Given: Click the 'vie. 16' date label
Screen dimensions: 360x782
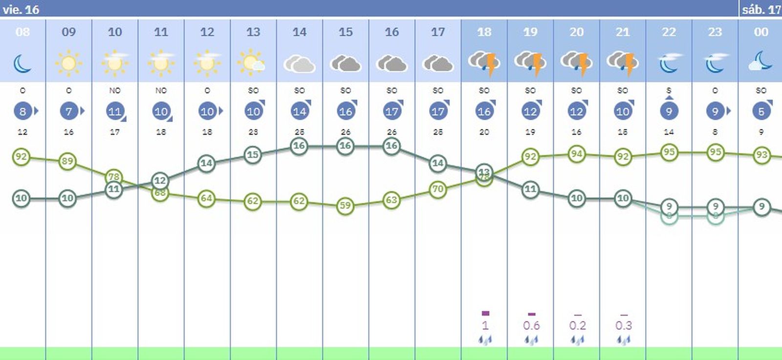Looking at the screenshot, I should point(21,9).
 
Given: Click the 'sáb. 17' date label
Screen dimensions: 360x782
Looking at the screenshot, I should point(760,9).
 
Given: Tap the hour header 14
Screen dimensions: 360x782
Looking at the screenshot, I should point(299,32).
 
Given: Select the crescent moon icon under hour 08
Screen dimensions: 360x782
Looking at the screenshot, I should point(22,64).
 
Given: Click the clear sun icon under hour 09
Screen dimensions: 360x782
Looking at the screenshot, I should point(68,63).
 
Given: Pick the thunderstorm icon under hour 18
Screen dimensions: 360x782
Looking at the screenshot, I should point(484,64).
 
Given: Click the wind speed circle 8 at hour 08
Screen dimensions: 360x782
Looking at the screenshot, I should point(22,111).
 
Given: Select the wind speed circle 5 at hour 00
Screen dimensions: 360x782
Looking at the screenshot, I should point(761,111).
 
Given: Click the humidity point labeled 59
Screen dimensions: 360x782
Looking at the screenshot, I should point(346,206).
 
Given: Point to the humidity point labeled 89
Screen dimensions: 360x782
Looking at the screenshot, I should point(67,161).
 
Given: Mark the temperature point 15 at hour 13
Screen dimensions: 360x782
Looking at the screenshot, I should point(253,155).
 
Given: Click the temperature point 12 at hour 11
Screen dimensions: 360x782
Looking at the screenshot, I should point(160,180).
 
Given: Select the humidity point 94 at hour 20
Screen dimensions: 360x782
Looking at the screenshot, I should point(577,154).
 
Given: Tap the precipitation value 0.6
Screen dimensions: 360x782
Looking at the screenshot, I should point(531,325).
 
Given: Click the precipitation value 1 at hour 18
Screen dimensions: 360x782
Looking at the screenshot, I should point(485,325).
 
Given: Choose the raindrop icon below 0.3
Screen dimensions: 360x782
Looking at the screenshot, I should point(623,339).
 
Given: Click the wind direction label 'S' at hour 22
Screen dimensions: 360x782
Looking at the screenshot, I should point(669,90).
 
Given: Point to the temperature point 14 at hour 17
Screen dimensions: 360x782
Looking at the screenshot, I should point(438,163).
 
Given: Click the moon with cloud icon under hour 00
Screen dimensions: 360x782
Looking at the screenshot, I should point(760,63).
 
